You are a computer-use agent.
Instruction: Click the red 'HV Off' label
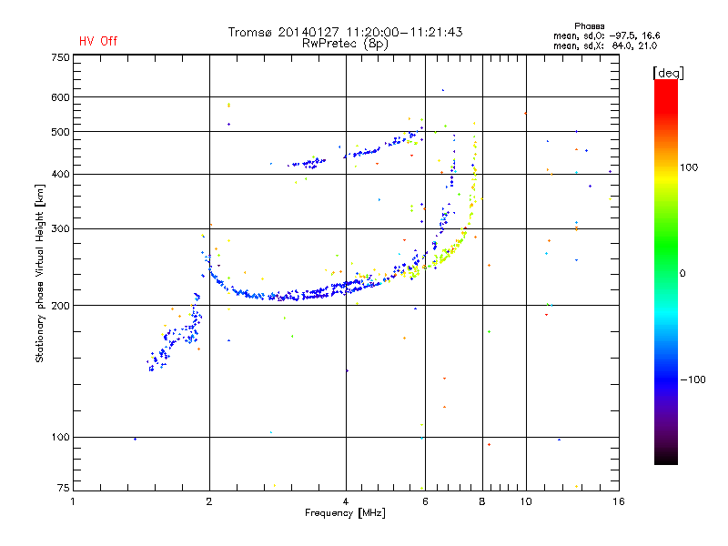(97, 41)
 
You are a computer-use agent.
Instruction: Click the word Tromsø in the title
(251, 33)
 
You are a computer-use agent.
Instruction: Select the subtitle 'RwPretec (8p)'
(345, 43)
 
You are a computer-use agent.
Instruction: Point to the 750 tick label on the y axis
(60, 57)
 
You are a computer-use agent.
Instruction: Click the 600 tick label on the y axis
(60, 97)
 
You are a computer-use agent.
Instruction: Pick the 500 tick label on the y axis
(60, 132)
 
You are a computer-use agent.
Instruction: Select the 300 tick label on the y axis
(60, 228)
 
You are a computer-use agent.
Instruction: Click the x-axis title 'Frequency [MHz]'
(346, 514)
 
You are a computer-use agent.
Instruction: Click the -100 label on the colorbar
(693, 379)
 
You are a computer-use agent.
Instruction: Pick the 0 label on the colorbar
(682, 273)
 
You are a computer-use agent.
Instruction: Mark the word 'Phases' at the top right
(590, 25)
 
